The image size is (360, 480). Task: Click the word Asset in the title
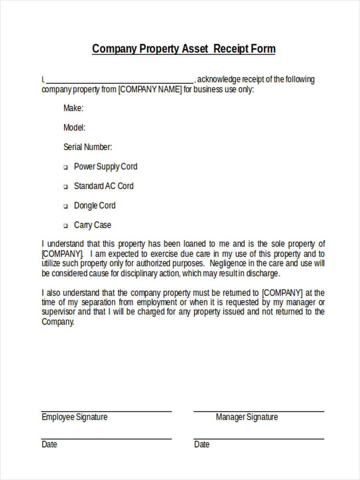pyautogui.click(x=195, y=49)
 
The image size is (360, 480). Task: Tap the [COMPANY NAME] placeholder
pyautogui.click(x=150, y=90)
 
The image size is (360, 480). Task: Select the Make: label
pyautogui.click(x=74, y=108)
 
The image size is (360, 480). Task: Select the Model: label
pyautogui.click(x=74, y=128)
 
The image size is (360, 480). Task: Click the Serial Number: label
pyautogui.click(x=88, y=147)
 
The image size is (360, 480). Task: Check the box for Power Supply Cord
pyautogui.click(x=66, y=168)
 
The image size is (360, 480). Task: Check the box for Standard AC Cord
pyautogui.click(x=66, y=187)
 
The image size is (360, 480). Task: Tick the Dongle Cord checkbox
pyautogui.click(x=66, y=206)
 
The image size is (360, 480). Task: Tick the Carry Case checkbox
pyautogui.click(x=66, y=226)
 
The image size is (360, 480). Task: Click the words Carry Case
pyautogui.click(x=92, y=225)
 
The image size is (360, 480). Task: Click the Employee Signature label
pyautogui.click(x=74, y=417)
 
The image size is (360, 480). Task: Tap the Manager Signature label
pyautogui.click(x=246, y=417)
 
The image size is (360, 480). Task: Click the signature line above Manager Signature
pyautogui.click(x=259, y=411)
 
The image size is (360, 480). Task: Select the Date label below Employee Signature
pyautogui.click(x=49, y=444)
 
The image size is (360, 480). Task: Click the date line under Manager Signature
pyautogui.click(x=259, y=439)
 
